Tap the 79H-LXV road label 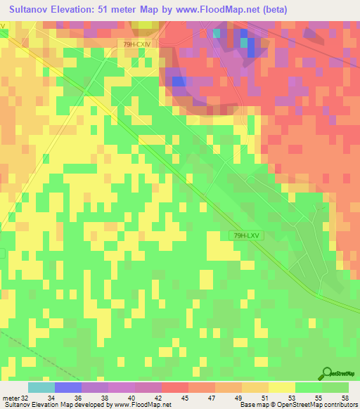pos(245,236)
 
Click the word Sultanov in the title pos(34,9)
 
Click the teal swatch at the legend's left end pos(41,387)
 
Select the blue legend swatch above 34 pos(68,387)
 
